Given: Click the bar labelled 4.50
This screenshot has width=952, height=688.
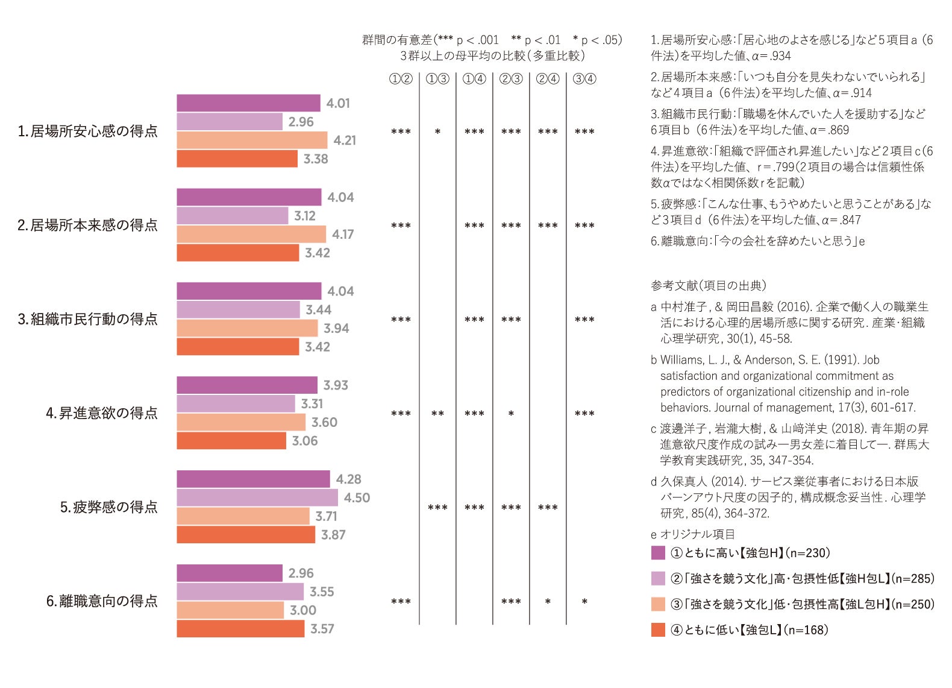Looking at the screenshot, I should click(257, 497).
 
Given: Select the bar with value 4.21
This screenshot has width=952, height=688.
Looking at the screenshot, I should click(252, 140).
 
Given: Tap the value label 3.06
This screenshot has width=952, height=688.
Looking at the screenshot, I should click(305, 441).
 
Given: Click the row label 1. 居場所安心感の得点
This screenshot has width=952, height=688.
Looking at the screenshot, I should click(88, 131).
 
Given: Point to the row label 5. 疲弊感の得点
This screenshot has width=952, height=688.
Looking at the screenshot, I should click(109, 507).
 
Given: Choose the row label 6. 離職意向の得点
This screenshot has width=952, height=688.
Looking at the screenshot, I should click(102, 601).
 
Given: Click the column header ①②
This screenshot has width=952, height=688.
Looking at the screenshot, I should click(401, 79).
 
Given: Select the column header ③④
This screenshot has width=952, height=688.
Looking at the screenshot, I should click(584, 79).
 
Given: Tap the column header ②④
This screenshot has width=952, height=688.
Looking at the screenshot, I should click(548, 79).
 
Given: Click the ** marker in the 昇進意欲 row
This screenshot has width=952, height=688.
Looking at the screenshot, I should click(437, 414).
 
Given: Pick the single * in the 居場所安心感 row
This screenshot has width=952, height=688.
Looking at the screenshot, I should click(437, 132).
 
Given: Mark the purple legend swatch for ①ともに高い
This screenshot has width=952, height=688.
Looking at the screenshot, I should click(658, 553).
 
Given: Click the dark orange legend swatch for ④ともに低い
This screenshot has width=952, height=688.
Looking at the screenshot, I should click(658, 630).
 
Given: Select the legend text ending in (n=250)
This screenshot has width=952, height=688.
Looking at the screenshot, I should click(802, 604).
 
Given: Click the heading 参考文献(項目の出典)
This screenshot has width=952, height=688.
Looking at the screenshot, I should click(709, 286).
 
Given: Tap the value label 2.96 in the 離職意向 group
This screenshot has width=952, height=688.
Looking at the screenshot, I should click(301, 573).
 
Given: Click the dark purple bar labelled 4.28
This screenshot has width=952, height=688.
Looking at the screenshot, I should click(253, 479).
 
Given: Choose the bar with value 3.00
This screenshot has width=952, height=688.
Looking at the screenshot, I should click(230, 610).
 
